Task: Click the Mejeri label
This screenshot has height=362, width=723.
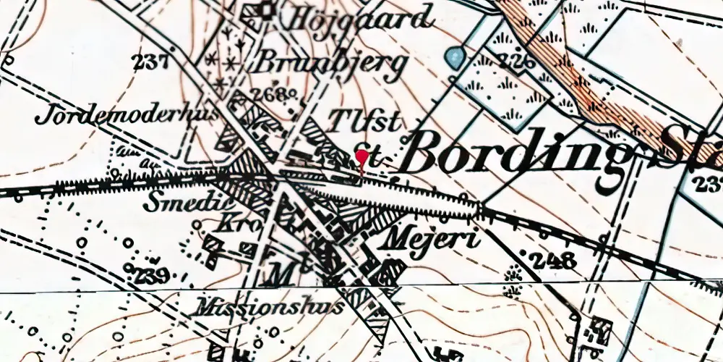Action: pyautogui.click(x=433, y=237)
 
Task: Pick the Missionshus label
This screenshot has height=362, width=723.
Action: pyautogui.click(x=268, y=307)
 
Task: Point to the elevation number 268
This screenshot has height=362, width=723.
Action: pyautogui.click(x=272, y=95)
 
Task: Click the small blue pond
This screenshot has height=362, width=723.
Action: pyautogui.click(x=453, y=56)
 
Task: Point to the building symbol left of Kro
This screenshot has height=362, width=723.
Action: pyautogui.click(x=211, y=247)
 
